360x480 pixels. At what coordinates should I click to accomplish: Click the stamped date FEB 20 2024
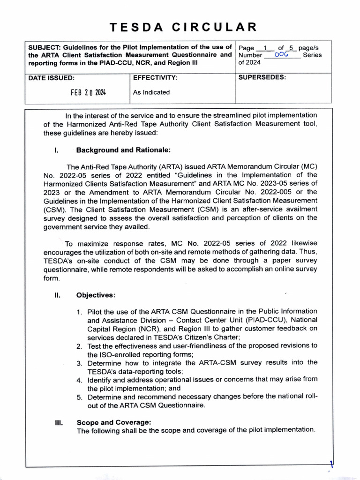click(88, 92)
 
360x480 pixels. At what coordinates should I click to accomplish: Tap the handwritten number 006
click(281, 55)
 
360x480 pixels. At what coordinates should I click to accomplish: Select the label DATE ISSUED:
click(51, 78)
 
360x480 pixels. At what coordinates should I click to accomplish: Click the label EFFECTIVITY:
click(155, 77)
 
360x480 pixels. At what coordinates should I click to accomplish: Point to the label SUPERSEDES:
click(262, 77)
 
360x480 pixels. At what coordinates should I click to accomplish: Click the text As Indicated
click(151, 92)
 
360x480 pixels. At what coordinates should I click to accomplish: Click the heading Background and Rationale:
click(121, 150)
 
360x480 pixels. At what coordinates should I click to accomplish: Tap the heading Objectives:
click(96, 295)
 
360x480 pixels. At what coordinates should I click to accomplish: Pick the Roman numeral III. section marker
click(59, 422)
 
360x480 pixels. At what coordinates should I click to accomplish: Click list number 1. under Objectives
click(80, 312)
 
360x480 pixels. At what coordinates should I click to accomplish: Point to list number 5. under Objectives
click(80, 397)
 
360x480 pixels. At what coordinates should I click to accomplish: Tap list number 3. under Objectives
click(80, 363)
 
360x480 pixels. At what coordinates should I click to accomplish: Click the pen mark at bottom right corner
click(331, 465)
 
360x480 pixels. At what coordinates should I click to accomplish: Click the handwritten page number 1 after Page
click(265, 47)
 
